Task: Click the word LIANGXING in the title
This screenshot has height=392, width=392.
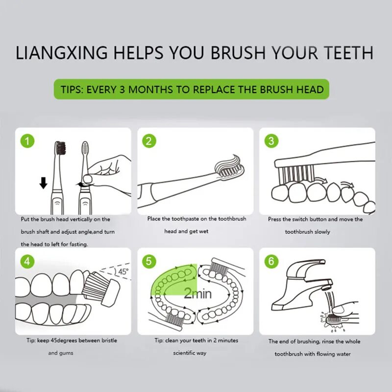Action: pyautogui.click(x=62, y=52)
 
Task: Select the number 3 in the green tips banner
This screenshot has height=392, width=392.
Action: pyautogui.click(x=122, y=90)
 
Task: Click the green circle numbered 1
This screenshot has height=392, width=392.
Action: pyautogui.click(x=27, y=141)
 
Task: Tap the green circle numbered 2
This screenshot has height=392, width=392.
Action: pyautogui.click(x=149, y=141)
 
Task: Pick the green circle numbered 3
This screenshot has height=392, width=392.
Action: pyautogui.click(x=271, y=141)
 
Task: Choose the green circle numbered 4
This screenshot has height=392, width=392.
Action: pyautogui.click(x=27, y=262)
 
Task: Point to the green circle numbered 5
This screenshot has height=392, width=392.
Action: pyautogui.click(x=149, y=262)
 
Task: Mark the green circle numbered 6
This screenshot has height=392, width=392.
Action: pyautogui.click(x=271, y=262)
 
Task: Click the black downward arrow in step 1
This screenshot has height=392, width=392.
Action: pyautogui.click(x=44, y=183)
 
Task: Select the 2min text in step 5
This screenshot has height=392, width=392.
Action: pyautogui.click(x=197, y=294)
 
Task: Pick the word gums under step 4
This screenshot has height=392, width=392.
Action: pyautogui.click(x=67, y=353)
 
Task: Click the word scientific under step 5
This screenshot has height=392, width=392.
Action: pyautogui.click(x=184, y=353)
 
